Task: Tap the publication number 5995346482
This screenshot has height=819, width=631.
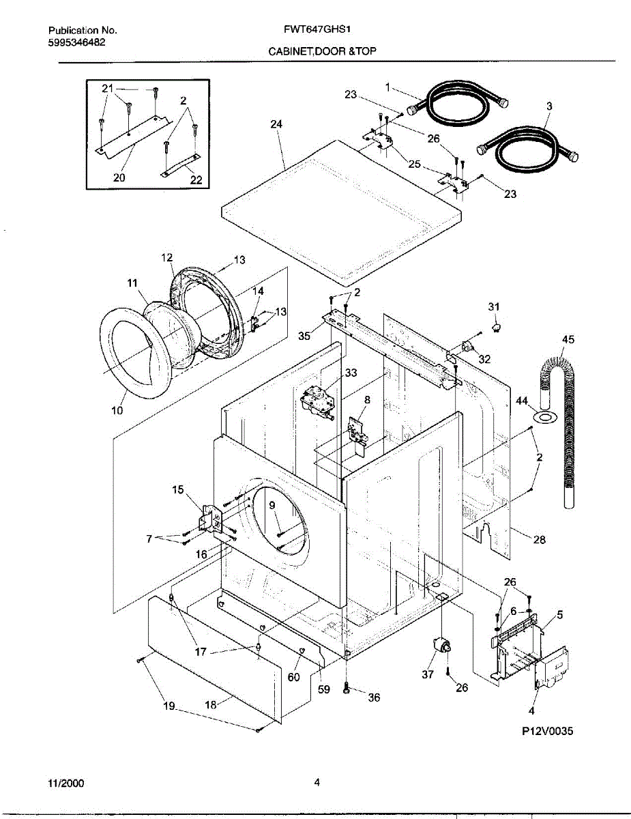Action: pyautogui.click(x=76, y=42)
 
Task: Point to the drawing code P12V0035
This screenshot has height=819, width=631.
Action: pyautogui.click(x=548, y=731)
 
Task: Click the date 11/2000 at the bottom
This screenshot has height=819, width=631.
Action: pyautogui.click(x=66, y=784)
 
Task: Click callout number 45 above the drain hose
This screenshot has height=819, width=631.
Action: pyautogui.click(x=568, y=339)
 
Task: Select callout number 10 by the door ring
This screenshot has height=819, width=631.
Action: pyautogui.click(x=117, y=411)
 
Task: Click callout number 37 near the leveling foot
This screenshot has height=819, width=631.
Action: pyautogui.click(x=428, y=674)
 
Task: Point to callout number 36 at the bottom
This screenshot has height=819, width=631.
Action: pyautogui.click(x=373, y=698)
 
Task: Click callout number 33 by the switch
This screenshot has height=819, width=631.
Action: pyautogui.click(x=351, y=373)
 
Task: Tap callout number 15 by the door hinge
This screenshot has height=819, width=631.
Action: pyautogui.click(x=177, y=489)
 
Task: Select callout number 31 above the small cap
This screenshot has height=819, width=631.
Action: pyautogui.click(x=494, y=307)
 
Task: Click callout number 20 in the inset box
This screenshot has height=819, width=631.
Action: pyautogui.click(x=119, y=177)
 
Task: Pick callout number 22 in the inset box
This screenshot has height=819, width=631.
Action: pyautogui.click(x=196, y=180)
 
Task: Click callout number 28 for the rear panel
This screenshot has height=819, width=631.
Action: pyautogui.click(x=539, y=540)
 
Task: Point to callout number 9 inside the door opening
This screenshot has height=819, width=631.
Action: pyautogui.click(x=272, y=505)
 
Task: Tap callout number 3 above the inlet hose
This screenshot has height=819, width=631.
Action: pyautogui.click(x=549, y=106)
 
